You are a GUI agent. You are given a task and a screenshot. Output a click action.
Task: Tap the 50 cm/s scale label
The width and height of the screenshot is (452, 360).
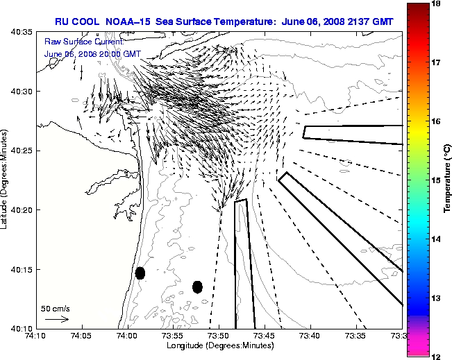[56, 309]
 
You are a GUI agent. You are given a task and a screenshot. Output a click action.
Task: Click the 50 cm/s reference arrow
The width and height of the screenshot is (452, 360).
[56, 319]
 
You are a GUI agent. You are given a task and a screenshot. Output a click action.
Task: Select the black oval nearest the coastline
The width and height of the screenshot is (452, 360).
[140, 273]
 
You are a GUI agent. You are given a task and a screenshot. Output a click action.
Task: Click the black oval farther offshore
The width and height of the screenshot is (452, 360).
[197, 286]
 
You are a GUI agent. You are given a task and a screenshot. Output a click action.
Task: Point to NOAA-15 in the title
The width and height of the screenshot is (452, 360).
[131, 22]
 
